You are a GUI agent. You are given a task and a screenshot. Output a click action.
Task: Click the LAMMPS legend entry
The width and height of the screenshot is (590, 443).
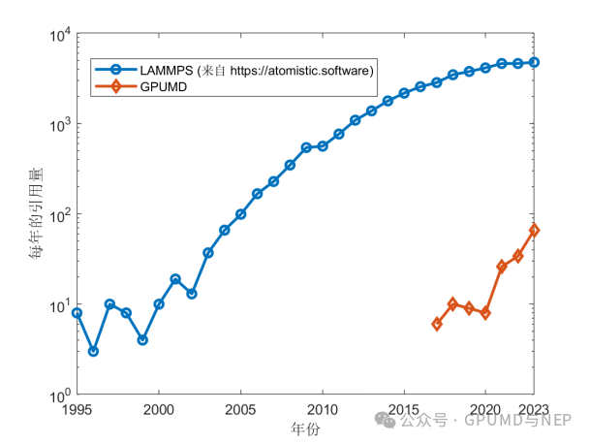[x=233, y=70]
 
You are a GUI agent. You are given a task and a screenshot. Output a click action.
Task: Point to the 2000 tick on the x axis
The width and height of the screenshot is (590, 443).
[x=159, y=409]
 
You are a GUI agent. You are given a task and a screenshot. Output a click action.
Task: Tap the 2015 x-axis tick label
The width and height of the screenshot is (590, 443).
[x=404, y=409]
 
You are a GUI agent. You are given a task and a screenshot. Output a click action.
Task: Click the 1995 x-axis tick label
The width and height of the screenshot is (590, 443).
[x=77, y=409]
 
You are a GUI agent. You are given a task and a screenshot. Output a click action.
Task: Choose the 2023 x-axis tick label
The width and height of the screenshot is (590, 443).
[x=535, y=409]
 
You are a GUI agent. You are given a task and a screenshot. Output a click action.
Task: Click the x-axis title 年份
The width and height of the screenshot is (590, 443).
[x=305, y=427]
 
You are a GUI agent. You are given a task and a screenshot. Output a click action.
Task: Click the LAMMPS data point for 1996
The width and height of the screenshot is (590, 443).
[x=93, y=351]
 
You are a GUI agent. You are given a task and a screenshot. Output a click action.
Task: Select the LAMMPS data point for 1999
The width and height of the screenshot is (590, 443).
[x=142, y=340]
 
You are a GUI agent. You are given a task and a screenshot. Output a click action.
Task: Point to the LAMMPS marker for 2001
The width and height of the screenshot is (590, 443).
[x=175, y=279]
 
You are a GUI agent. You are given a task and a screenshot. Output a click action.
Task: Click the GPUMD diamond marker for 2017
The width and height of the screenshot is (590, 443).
[x=437, y=324]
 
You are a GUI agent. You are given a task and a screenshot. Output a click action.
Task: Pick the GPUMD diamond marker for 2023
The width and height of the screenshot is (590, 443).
[x=535, y=231]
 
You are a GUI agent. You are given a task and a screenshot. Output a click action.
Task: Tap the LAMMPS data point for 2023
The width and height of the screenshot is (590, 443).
[x=535, y=62]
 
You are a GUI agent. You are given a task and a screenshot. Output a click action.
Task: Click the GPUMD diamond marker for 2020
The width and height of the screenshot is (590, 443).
[x=485, y=313]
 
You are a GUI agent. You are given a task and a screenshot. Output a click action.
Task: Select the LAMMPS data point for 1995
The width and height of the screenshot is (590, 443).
[x=77, y=313]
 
